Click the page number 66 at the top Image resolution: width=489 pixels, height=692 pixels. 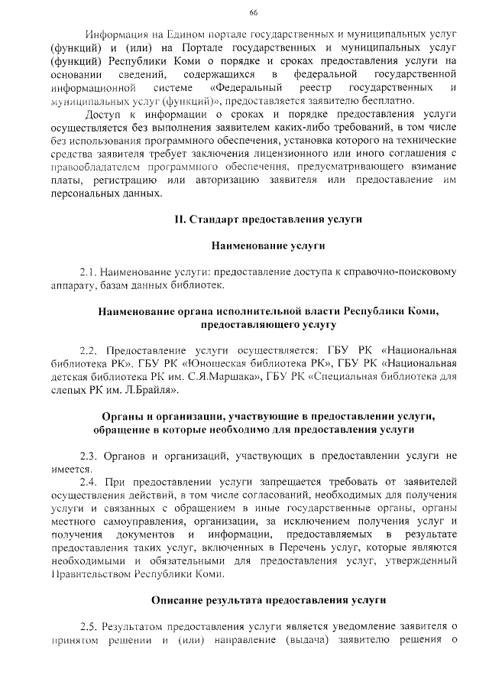254,12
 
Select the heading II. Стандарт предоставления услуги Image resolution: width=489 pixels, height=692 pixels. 268,219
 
